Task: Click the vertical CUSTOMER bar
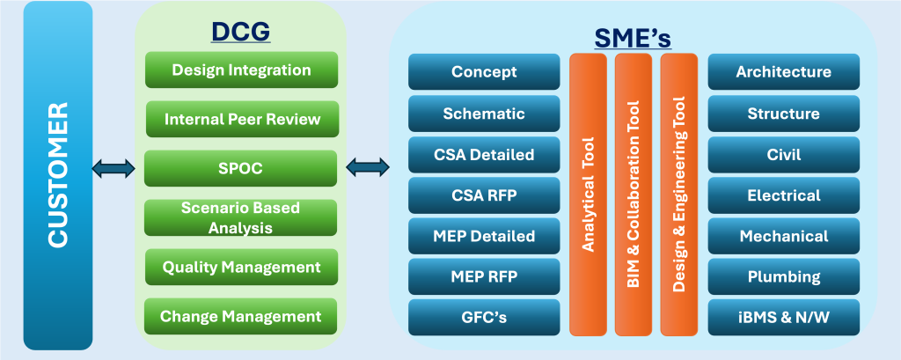[x=59, y=175]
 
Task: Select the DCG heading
[x=240, y=33]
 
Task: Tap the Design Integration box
[x=241, y=70]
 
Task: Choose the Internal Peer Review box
[x=241, y=119]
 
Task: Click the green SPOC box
[x=241, y=167]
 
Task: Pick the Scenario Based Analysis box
[x=241, y=217]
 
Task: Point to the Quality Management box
[x=241, y=267]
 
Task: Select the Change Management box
[x=241, y=316]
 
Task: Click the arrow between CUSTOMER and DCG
[x=114, y=168]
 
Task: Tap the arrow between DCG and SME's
[x=369, y=166]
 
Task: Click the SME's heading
[x=633, y=39]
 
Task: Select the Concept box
[x=484, y=72]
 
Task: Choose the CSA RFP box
[x=484, y=195]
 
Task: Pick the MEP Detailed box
[x=484, y=236]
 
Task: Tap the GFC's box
[x=484, y=318]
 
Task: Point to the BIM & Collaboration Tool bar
[x=634, y=194]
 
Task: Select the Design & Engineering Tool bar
[x=678, y=194]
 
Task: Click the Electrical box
[x=783, y=195]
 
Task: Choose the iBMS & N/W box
[x=783, y=318]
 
